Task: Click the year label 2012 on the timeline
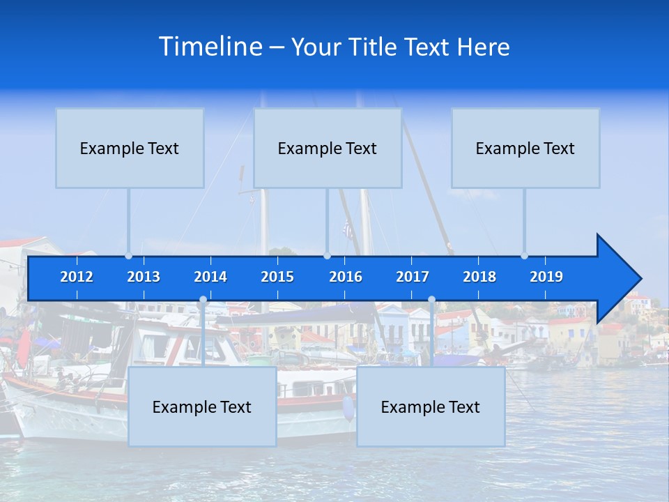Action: (77, 277)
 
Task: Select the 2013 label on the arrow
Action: (144, 277)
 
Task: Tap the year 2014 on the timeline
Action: (210, 277)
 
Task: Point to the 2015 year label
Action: (277, 277)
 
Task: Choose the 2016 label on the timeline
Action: (346, 277)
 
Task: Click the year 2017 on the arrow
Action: (413, 277)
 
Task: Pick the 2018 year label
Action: (479, 277)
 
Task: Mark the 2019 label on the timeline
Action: (546, 277)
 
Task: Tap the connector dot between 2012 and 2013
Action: (129, 256)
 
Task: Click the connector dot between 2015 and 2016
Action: (327, 256)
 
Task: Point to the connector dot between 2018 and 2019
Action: (525, 256)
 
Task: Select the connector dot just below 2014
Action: (203, 300)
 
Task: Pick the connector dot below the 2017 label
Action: (431, 300)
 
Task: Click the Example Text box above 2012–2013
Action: (130, 148)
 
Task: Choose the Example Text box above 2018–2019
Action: (525, 148)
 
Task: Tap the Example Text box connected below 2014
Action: (202, 406)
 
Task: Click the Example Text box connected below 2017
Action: (431, 406)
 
